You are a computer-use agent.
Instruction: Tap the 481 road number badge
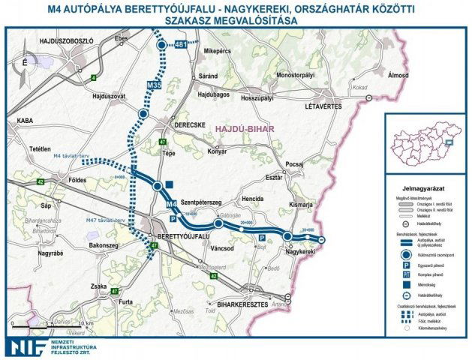pos(180,45)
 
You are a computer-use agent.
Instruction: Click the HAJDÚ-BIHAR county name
pos(245,129)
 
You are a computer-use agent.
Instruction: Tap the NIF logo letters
pos(26,345)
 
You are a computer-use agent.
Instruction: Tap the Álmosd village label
pos(398,76)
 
